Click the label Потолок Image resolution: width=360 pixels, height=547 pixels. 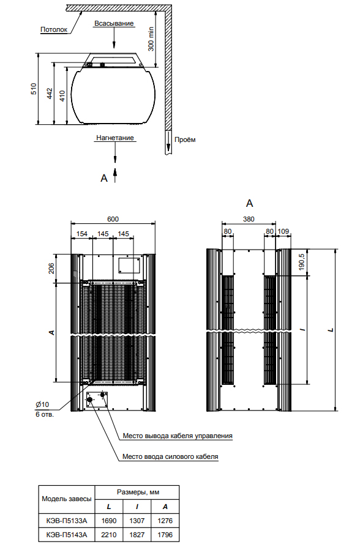54,30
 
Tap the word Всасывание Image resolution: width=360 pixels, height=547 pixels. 114,24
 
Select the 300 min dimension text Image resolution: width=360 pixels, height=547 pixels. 151,39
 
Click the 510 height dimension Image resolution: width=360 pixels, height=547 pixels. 34,89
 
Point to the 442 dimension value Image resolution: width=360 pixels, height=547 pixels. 50,94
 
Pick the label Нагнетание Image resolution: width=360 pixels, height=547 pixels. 115,138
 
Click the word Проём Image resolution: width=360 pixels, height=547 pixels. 185,140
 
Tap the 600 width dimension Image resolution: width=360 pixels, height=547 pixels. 113,219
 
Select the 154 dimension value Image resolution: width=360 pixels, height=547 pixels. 81,234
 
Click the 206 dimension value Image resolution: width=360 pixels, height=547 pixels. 51,268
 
